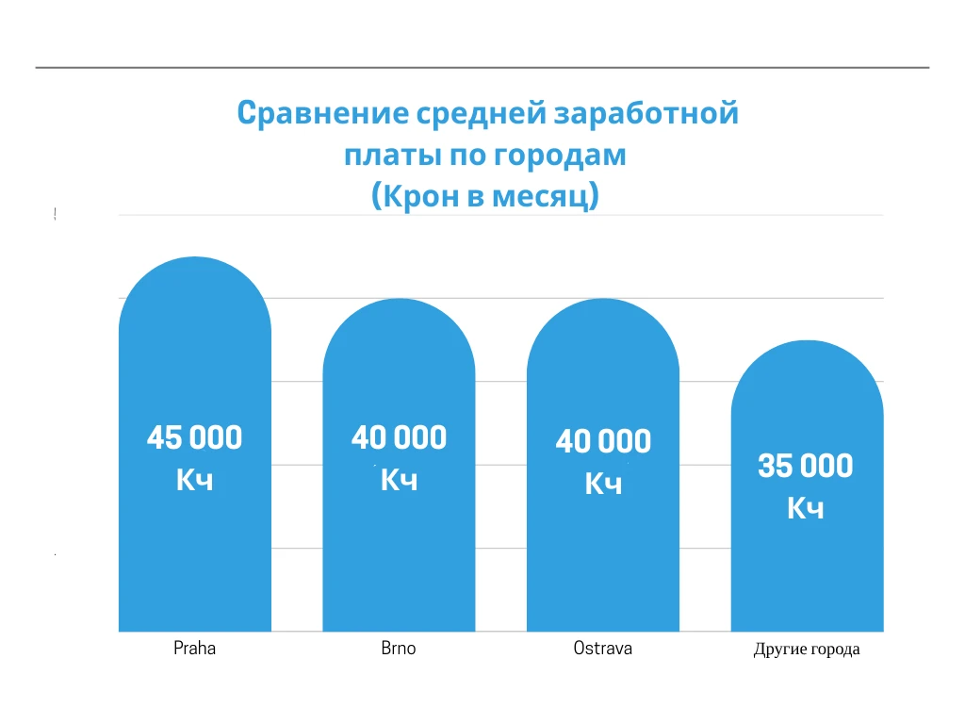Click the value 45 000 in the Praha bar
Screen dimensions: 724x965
coord(194,438)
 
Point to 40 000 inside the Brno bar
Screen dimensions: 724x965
coord(399,438)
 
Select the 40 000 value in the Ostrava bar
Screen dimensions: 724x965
coord(603,442)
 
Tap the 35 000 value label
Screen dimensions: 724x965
coord(806,467)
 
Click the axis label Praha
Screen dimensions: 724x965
coord(194,649)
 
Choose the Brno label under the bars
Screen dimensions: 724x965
coord(398,649)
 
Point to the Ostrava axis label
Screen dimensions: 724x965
coord(603,649)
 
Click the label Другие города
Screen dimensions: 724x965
coord(807,650)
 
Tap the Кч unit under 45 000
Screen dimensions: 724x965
coord(194,480)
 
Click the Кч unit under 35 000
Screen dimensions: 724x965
coord(806,508)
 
